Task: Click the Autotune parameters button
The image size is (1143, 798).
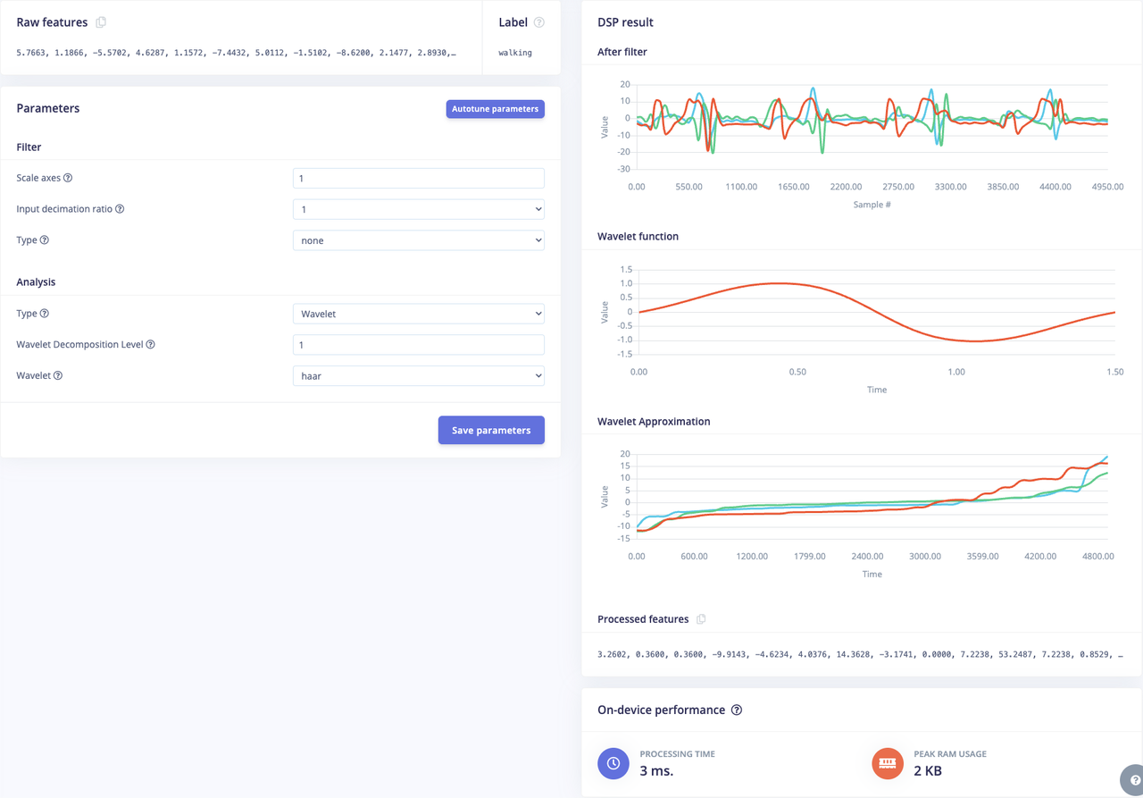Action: (495, 109)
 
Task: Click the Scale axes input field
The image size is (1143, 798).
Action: (418, 179)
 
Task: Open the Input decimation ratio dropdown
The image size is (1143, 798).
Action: (418, 209)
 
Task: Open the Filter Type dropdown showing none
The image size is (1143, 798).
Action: (418, 240)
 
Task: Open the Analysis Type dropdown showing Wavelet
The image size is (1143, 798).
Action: (418, 314)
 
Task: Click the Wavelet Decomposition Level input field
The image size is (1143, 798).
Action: (418, 345)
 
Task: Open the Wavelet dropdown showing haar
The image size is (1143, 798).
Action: (418, 376)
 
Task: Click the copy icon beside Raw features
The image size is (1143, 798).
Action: (101, 22)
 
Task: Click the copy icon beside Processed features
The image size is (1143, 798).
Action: (701, 619)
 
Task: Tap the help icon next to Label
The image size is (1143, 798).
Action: (538, 22)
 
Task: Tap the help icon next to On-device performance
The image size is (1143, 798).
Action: (737, 710)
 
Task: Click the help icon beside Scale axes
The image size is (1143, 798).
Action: (68, 179)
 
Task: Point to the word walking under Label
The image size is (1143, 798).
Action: (515, 53)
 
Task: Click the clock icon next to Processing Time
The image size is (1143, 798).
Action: (613, 763)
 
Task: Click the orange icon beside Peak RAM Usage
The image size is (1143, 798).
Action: (888, 763)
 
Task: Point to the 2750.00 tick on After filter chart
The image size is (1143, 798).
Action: (897, 188)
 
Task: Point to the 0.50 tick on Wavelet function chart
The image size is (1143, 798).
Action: (797, 372)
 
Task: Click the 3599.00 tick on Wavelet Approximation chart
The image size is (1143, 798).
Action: (982, 557)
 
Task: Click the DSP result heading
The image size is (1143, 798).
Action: (625, 22)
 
